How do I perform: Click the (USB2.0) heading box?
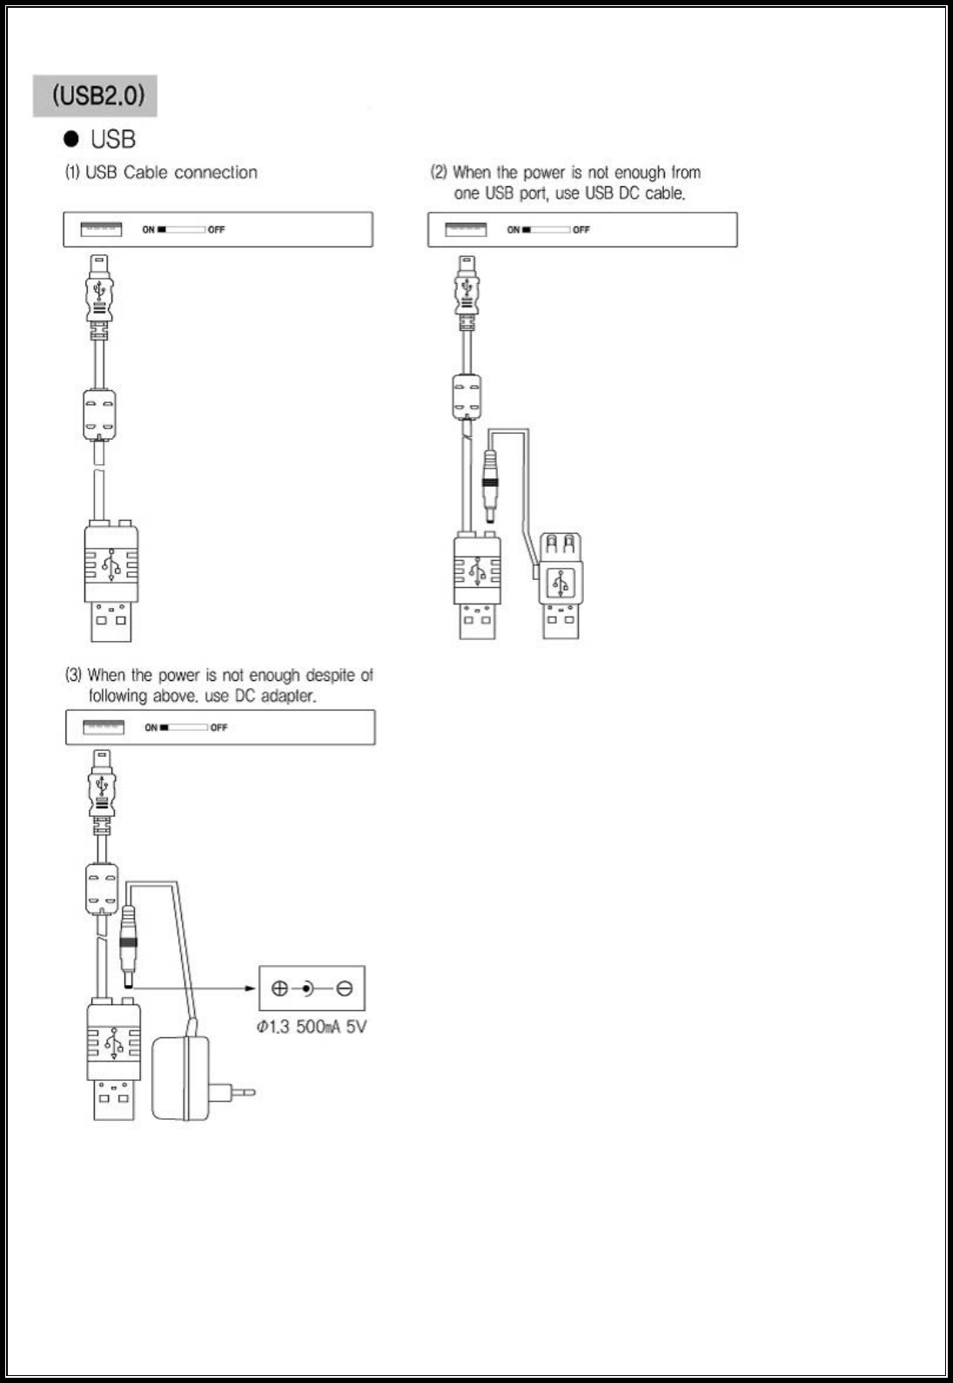96,96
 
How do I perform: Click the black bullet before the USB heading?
71,139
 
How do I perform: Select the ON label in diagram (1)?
148,230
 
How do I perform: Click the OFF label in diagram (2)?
581,230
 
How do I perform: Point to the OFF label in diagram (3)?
218,727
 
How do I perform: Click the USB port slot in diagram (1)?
101,229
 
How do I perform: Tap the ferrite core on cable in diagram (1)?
99,414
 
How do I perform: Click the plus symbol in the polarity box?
279,988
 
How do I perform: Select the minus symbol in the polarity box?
345,988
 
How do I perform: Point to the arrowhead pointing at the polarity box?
251,988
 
